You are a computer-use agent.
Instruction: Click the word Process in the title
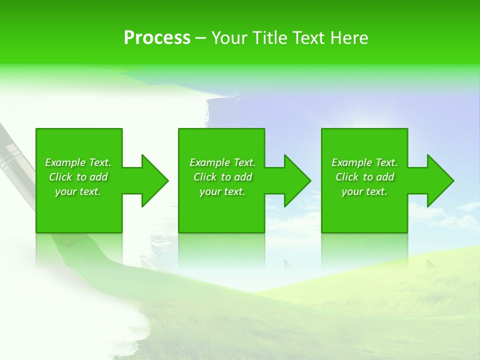point(157,38)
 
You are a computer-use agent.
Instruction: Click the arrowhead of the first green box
point(154,180)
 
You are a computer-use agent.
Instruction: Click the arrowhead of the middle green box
point(297,180)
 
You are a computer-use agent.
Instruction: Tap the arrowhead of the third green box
point(440,180)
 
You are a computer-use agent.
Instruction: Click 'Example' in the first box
point(65,162)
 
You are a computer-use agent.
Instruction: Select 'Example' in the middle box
point(210,162)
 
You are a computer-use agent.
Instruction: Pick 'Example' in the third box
point(352,162)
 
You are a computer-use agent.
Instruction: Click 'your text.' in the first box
point(78,192)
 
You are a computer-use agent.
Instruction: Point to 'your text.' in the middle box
point(222,192)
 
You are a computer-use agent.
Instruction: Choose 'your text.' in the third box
point(364,192)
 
